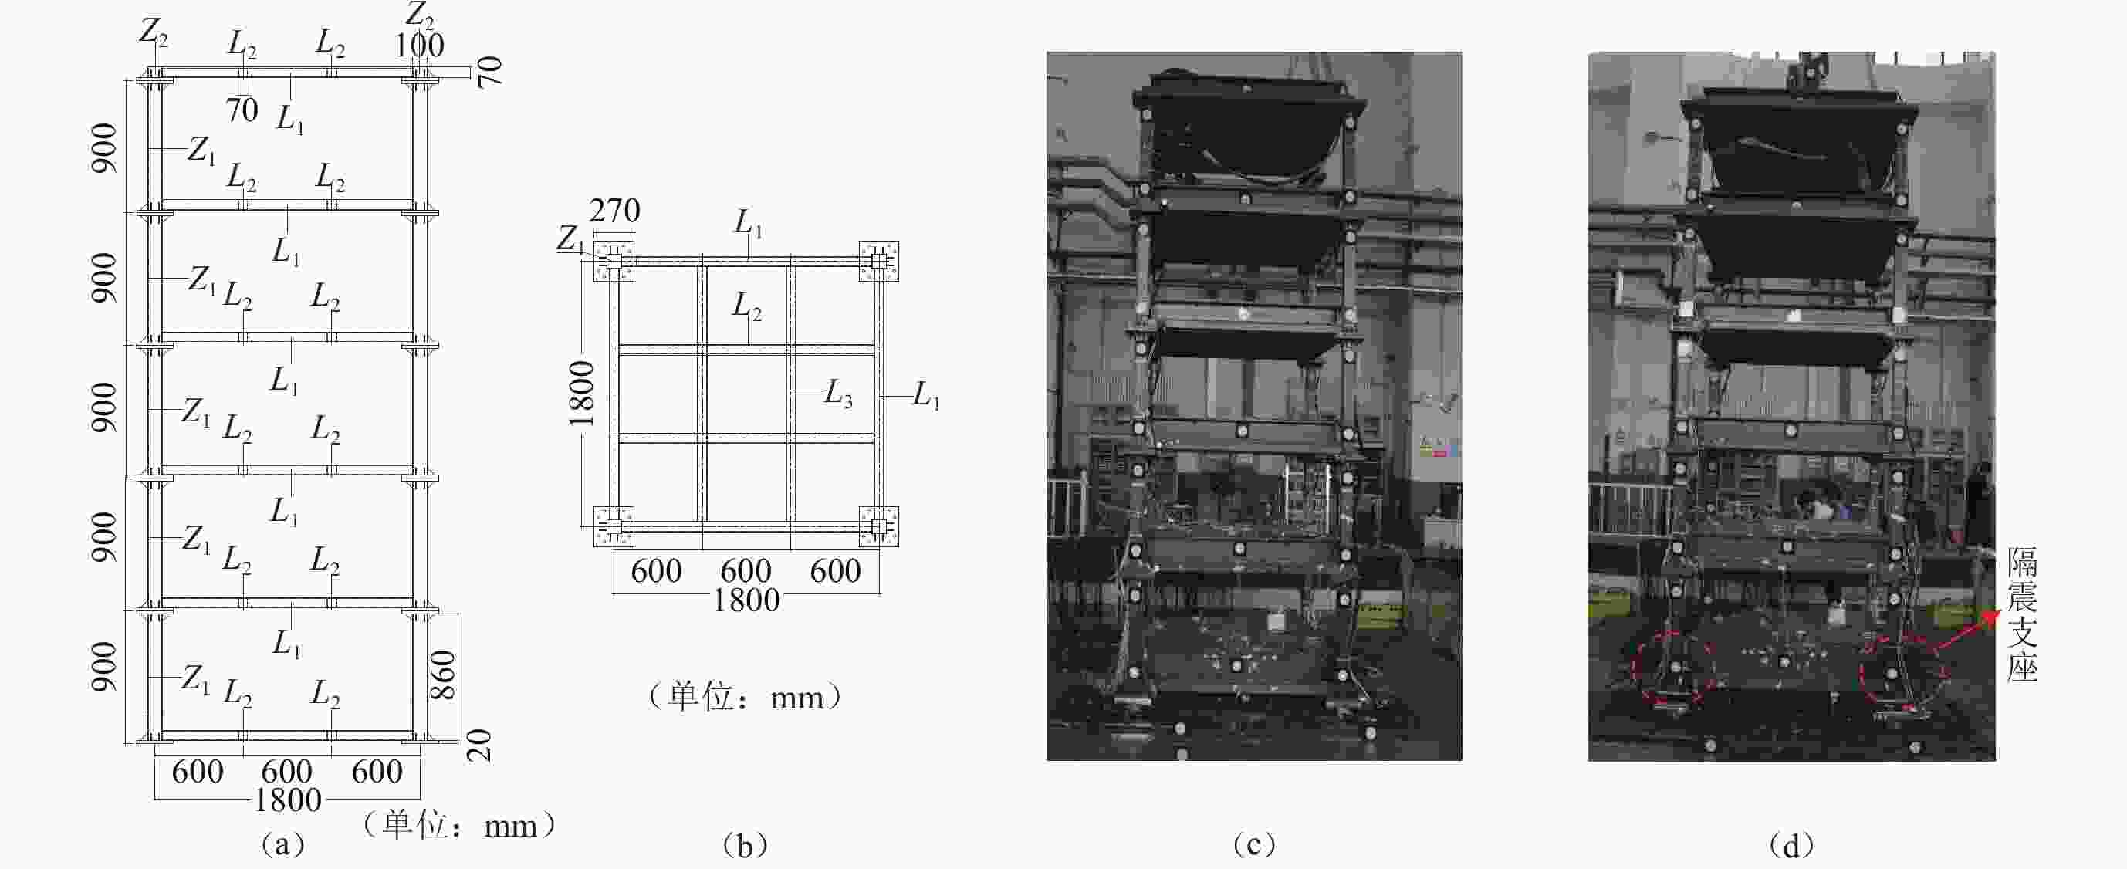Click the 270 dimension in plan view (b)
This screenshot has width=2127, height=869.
click(x=614, y=211)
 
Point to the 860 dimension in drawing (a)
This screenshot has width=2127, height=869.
click(x=444, y=675)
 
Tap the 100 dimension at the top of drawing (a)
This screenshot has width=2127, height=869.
click(x=419, y=46)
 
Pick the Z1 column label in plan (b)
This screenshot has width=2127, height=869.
click(x=570, y=238)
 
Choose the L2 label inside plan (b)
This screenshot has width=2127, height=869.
click(x=746, y=306)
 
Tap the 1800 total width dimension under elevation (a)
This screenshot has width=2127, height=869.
click(x=287, y=800)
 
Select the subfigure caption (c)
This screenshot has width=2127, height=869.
click(x=1253, y=845)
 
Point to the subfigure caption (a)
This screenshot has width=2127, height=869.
click(x=282, y=845)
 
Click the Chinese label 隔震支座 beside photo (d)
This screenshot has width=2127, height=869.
click(x=2023, y=614)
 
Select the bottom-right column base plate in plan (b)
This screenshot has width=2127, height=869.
click(x=878, y=526)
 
